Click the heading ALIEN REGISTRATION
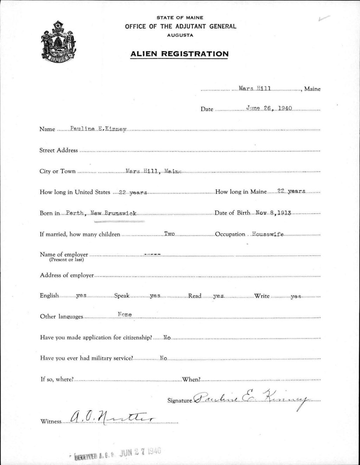[179, 54]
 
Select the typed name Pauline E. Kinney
[98, 129]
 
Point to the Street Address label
[58, 150]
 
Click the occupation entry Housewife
[268, 234]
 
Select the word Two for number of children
[169, 234]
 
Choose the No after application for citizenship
[167, 338]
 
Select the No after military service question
[163, 359]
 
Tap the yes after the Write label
[296, 297]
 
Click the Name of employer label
[64, 255]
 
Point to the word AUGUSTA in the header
[180, 35]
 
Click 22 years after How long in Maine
[291, 192]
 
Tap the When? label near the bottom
[191, 380]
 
